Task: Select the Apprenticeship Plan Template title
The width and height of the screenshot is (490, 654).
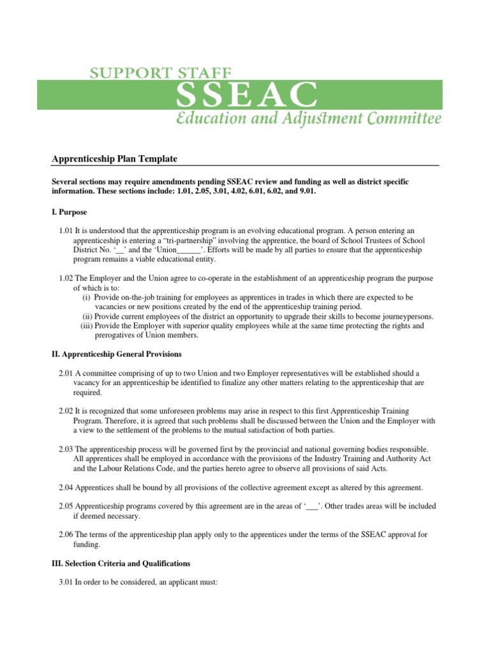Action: point(114,158)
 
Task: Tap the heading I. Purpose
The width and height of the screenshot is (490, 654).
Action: point(69,211)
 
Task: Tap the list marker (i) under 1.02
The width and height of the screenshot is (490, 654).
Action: point(87,298)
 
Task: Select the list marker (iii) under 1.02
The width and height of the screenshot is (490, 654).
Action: point(85,326)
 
